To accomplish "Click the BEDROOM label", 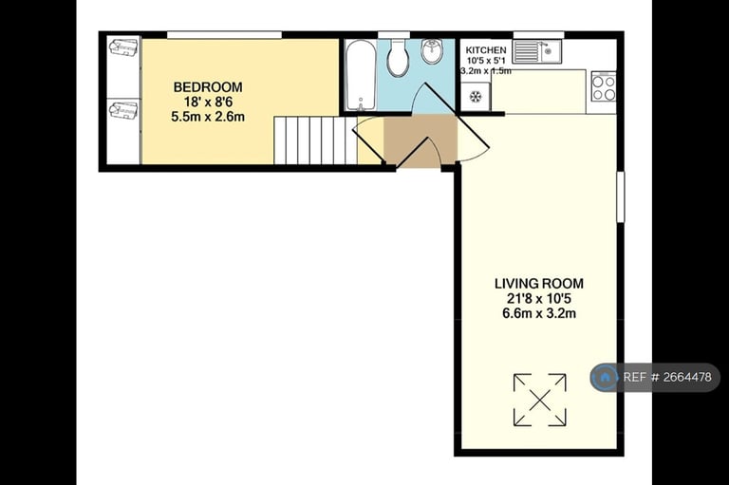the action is click(208, 87).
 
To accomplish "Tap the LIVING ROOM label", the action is click(539, 283).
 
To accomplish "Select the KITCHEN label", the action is click(486, 49).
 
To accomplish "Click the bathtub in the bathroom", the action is click(361, 76).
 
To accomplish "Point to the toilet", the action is click(398, 57).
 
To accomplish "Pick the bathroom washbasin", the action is click(433, 51).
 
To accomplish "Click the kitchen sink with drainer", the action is click(538, 51).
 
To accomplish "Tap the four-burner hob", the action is click(604, 86).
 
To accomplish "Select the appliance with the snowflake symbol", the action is click(476, 97).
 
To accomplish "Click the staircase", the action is click(315, 140).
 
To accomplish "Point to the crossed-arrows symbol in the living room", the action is click(540, 400).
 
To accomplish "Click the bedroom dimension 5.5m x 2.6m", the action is click(208, 117).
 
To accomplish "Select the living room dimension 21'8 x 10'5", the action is click(539, 299).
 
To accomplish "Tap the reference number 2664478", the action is click(687, 377).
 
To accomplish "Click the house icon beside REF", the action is click(605, 377).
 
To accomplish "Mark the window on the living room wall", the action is click(620, 196).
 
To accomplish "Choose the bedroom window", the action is click(225, 35).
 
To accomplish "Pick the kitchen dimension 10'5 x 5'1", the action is click(486, 61).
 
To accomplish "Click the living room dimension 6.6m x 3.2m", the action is click(539, 313).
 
